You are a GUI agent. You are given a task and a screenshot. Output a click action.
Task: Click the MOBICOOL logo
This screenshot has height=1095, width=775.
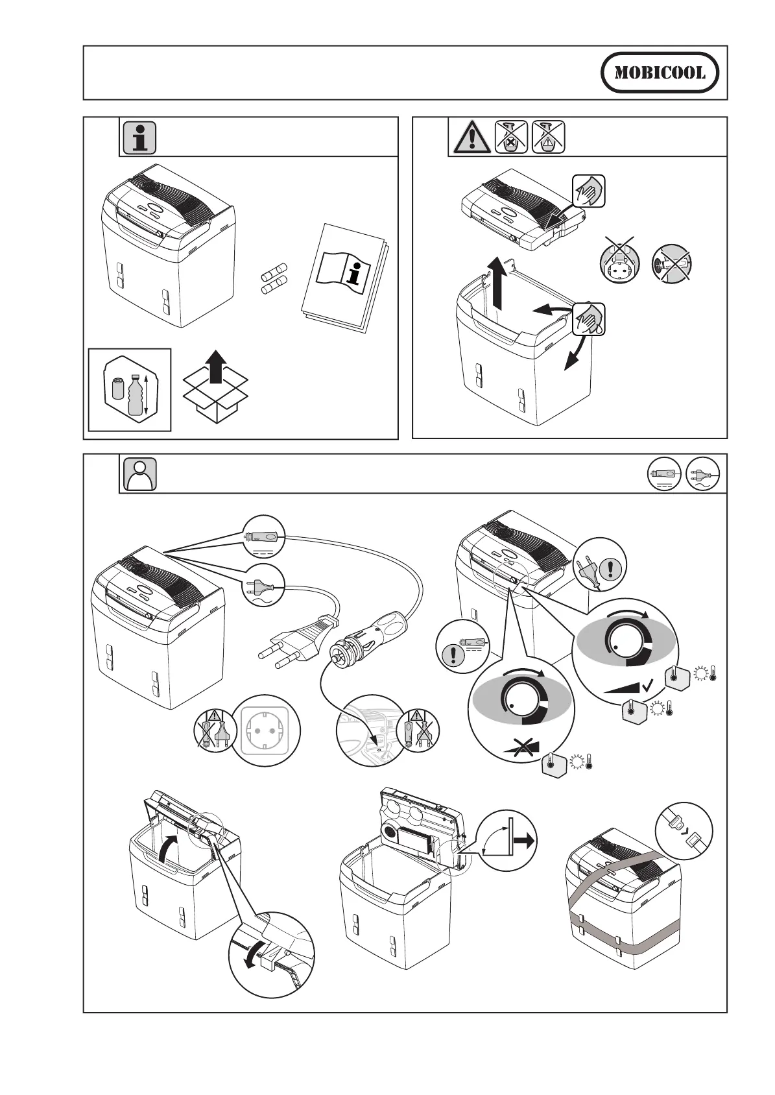pyautogui.click(x=660, y=73)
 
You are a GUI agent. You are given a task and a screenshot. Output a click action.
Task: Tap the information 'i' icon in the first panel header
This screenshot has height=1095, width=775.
pyautogui.click(x=139, y=137)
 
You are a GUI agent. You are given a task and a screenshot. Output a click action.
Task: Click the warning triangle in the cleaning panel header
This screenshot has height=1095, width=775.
pyautogui.click(x=471, y=138)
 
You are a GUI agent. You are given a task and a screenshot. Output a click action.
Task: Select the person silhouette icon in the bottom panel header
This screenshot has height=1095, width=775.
pyautogui.click(x=139, y=474)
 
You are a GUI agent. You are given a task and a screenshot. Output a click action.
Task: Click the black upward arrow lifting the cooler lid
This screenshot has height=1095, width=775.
pyautogui.click(x=498, y=282)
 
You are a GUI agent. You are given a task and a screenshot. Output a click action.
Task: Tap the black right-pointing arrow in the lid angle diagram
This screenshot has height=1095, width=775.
pyautogui.click(x=524, y=840)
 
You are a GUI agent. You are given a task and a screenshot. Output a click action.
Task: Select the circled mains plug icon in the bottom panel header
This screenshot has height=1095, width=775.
pyautogui.click(x=703, y=475)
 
